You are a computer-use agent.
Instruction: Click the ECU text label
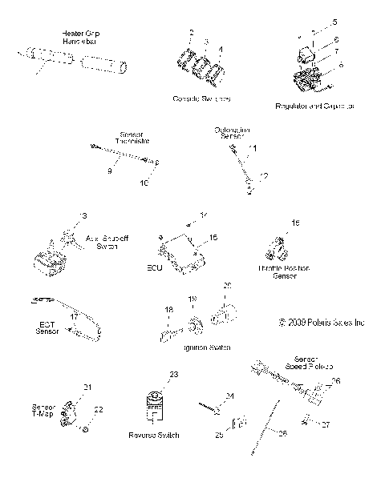click(155, 268)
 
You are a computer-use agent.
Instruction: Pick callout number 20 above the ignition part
click(227, 285)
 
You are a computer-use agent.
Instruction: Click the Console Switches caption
click(202, 98)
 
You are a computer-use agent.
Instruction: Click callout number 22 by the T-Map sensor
click(99, 409)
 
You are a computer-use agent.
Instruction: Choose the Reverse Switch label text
click(152, 435)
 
